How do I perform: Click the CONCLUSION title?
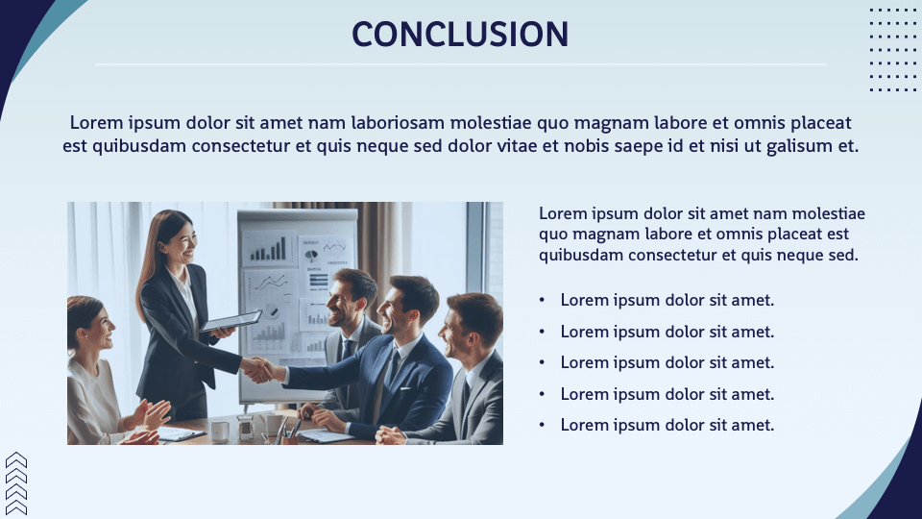tap(460, 34)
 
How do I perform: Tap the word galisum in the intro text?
tap(803, 146)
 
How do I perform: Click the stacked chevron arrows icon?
tap(16, 483)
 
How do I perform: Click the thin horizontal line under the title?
tap(460, 64)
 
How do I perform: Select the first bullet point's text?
tap(667, 300)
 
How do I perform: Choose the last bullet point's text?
tap(667, 425)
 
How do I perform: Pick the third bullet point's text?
tap(667, 362)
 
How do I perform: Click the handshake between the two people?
tap(257, 368)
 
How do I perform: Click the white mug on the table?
tap(220, 431)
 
